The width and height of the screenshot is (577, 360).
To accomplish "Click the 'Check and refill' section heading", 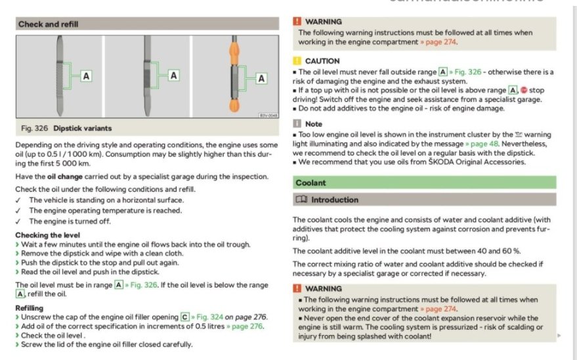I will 48,24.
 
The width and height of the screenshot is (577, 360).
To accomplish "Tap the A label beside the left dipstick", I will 86,76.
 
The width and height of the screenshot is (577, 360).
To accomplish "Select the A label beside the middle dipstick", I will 174,76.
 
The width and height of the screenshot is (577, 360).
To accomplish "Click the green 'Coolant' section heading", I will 310,183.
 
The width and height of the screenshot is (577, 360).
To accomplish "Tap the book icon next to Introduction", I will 301,200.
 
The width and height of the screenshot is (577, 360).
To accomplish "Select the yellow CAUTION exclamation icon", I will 298,61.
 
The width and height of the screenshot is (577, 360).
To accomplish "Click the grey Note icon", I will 298,124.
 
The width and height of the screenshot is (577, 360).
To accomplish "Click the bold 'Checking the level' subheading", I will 48,235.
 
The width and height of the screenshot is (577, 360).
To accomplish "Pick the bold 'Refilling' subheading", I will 30,307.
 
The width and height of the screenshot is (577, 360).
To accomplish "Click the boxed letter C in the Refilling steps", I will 186,317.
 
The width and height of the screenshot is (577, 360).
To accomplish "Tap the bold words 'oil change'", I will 64,176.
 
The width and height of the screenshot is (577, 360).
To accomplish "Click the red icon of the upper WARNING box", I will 298,22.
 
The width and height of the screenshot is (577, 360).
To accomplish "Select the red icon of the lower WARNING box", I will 298,288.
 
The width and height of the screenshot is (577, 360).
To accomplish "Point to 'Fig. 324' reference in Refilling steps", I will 210,317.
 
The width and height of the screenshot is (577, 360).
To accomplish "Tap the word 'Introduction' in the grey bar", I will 335,200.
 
